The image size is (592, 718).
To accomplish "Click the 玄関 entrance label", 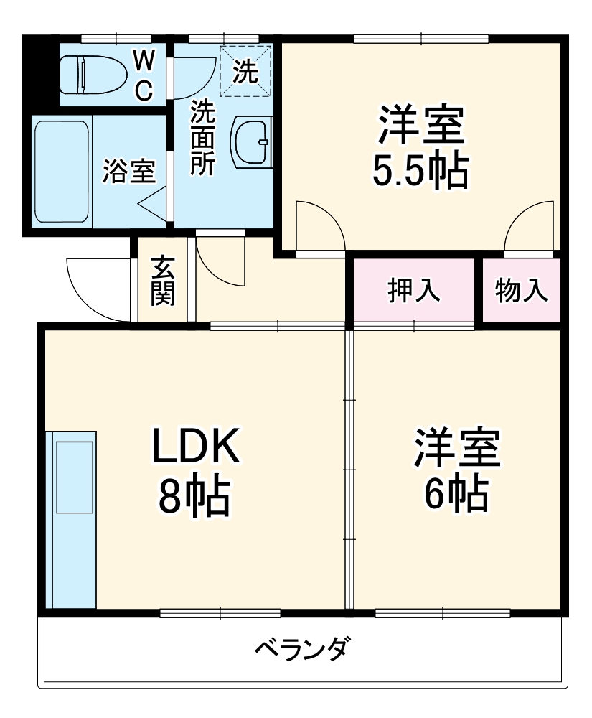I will [x=163, y=279].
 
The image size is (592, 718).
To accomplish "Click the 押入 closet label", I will [x=414, y=291].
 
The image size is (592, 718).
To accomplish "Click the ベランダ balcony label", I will [x=304, y=649].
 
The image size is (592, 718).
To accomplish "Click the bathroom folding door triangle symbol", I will [x=154, y=203].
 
